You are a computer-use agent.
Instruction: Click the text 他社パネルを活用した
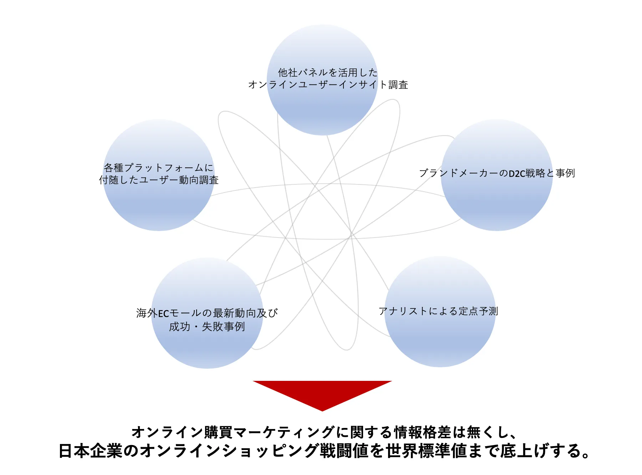[x=327, y=73]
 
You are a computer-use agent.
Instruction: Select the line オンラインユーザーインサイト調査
[x=328, y=85]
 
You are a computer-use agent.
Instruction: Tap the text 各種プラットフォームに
[x=158, y=168]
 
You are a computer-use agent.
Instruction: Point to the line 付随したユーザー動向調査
[x=159, y=180]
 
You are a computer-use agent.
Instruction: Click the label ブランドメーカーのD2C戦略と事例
[x=497, y=173]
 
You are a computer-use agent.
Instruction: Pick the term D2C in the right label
[x=517, y=174]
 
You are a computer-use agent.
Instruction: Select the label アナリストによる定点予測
[x=438, y=311]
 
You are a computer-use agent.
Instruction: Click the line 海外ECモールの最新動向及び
[x=207, y=313]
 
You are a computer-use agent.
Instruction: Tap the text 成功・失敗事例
[x=207, y=327]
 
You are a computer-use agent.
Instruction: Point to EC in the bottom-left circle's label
[x=163, y=314]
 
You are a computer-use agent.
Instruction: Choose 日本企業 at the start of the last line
[x=90, y=451]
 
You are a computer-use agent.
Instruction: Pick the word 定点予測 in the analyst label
[x=478, y=311]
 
